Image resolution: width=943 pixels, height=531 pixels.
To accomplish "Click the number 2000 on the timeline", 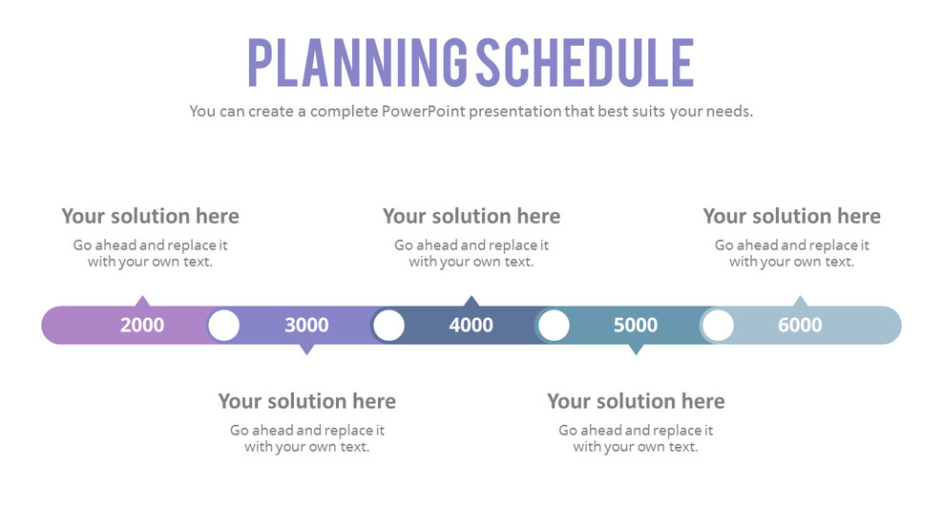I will pos(142,326).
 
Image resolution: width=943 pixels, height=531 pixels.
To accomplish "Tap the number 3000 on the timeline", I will pos(306,326).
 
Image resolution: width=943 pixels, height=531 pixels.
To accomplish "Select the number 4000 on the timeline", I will pos(471,326).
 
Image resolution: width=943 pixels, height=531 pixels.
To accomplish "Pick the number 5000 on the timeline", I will pos(636,326).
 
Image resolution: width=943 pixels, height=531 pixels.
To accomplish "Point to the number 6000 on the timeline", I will pos(800,326).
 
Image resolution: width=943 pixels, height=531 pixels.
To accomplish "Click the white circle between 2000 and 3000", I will pos(223,326).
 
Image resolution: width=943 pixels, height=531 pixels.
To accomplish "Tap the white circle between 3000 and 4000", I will pos(388,326).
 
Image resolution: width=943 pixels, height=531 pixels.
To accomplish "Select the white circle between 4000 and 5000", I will pos(554,326).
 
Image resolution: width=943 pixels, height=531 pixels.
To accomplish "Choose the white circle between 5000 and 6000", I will pos(718,326).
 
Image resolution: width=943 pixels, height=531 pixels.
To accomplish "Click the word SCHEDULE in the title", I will pos(584,63).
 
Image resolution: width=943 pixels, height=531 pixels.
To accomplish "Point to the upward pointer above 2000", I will pos(142,301).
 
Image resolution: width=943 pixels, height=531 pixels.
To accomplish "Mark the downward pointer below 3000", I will pos(306,350).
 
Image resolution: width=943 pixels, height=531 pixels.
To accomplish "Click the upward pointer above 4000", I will pos(471,301).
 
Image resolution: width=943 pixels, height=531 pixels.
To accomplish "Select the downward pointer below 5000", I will pos(636,350).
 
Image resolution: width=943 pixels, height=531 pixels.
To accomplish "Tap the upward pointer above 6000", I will pos(800,301).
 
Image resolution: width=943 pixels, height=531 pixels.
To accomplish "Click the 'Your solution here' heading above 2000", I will pos(150,216).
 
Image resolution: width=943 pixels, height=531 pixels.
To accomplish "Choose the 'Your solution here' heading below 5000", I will pos(636,401).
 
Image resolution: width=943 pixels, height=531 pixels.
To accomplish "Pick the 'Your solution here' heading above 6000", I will pos(791,216).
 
